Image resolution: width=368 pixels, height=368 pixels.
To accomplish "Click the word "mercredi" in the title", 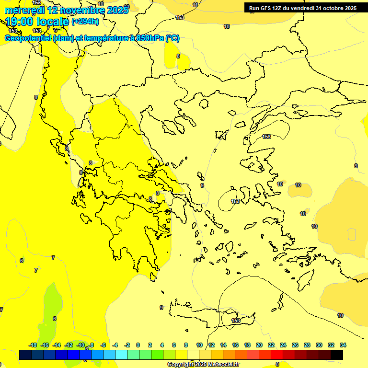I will point(24,10).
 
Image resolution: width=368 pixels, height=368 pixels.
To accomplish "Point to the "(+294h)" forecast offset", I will point(85,22).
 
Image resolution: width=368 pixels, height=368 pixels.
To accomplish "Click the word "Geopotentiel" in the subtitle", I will point(28,38).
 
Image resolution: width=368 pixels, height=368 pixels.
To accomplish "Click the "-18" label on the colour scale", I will point(33,345).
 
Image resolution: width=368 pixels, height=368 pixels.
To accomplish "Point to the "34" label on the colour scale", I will point(343,345).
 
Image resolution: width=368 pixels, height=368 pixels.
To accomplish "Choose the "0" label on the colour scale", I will point(138,345).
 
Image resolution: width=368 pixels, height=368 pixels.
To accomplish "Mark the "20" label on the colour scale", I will point(259,345).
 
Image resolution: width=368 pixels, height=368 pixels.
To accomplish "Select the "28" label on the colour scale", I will point(307,345).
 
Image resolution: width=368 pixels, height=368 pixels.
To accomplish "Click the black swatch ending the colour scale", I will point(337,355).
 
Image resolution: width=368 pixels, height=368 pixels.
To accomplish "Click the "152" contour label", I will point(36,2).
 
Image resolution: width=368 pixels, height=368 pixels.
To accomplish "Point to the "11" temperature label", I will point(195,5).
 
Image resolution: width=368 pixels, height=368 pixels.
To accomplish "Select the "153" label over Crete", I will point(236,321).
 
